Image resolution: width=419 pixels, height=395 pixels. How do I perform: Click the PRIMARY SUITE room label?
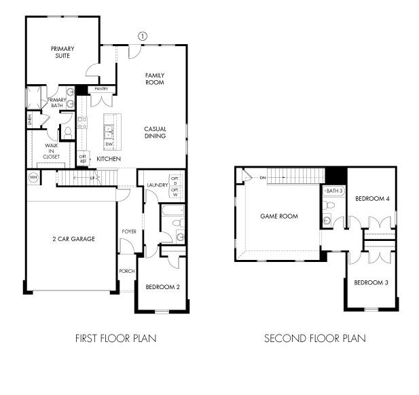click(x=62, y=52)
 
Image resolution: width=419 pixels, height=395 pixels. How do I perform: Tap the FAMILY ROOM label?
click(x=155, y=79)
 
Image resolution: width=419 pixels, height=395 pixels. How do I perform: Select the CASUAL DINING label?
click(x=155, y=132)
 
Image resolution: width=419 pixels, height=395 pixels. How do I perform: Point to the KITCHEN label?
click(x=109, y=159)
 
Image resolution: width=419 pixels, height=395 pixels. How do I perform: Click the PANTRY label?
click(x=102, y=89)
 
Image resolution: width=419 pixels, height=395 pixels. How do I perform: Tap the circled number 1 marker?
click(x=143, y=35)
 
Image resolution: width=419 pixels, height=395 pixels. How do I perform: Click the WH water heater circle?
click(x=33, y=178)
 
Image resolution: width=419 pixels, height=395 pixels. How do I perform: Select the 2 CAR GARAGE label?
click(x=73, y=239)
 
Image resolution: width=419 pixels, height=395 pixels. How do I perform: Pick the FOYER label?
click(x=129, y=232)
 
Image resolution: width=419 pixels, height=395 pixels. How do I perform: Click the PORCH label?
click(x=127, y=271)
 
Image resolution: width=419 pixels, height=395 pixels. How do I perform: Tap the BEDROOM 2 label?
click(x=163, y=287)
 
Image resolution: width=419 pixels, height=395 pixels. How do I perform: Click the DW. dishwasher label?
click(x=109, y=145)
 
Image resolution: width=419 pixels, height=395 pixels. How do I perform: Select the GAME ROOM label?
click(x=280, y=217)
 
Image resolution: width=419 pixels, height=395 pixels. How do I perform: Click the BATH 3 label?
click(x=333, y=191)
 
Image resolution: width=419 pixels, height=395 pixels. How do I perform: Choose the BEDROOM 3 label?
click(x=371, y=282)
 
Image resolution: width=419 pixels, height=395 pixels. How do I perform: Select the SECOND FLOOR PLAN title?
click(x=315, y=338)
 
